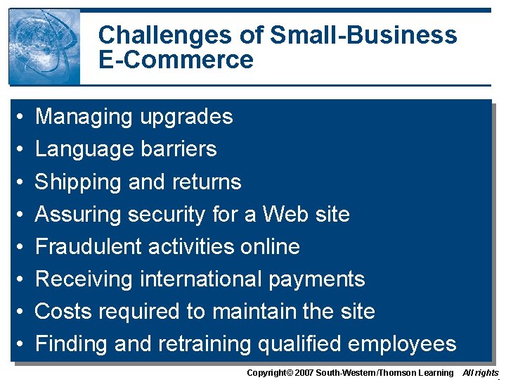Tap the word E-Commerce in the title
coord(176,60)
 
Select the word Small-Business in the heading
coord(363,35)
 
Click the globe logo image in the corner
coord(44,47)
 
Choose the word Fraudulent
coord(84,247)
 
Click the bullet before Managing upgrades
coord(21,118)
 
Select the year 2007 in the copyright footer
coord(302,372)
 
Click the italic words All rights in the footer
coord(481,372)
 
